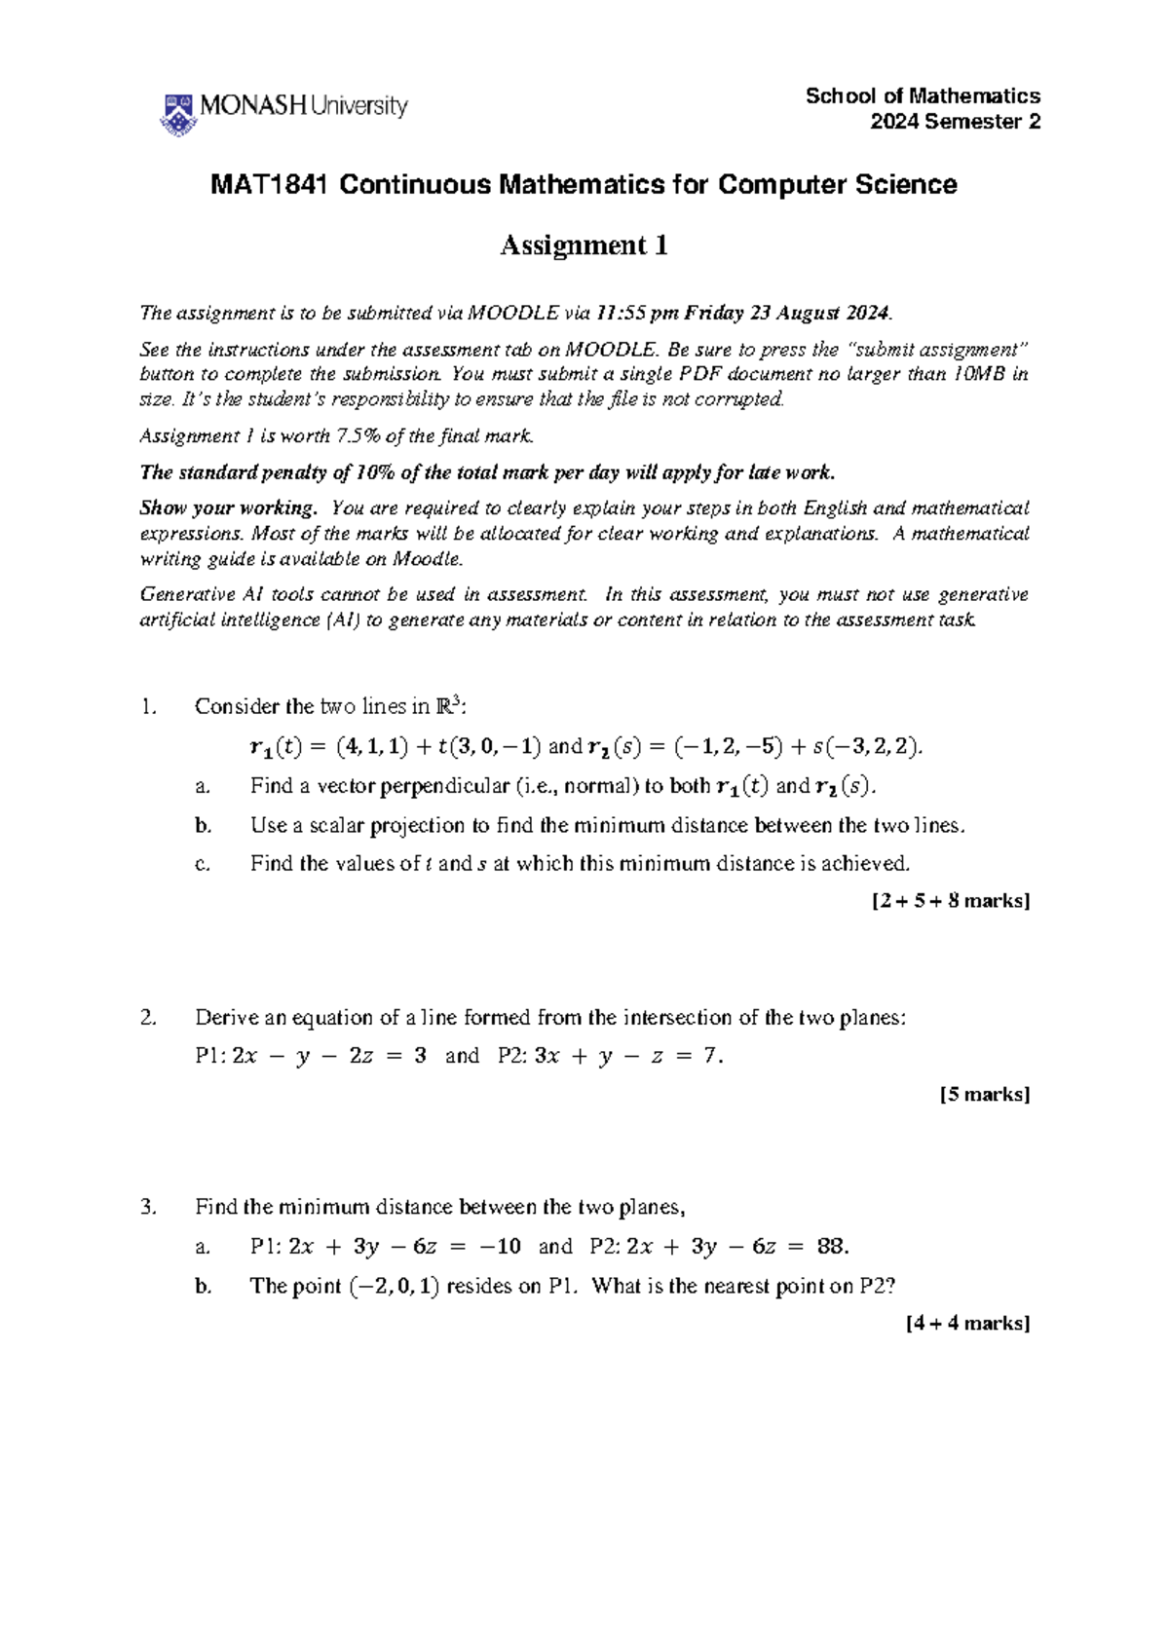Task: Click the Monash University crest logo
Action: pyautogui.click(x=178, y=114)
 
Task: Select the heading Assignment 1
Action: pyautogui.click(x=584, y=245)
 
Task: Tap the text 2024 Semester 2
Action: pyautogui.click(x=955, y=122)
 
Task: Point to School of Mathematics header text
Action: pyautogui.click(x=923, y=95)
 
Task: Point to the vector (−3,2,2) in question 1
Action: pyautogui.click(x=872, y=747)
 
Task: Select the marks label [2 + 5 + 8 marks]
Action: pyautogui.click(x=950, y=901)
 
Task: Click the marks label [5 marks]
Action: pyautogui.click(x=984, y=1094)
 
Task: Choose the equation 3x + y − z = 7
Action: pyautogui.click(x=628, y=1056)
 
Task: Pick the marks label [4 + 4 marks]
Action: pyautogui.click(x=966, y=1323)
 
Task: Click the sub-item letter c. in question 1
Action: pyautogui.click(x=203, y=864)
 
